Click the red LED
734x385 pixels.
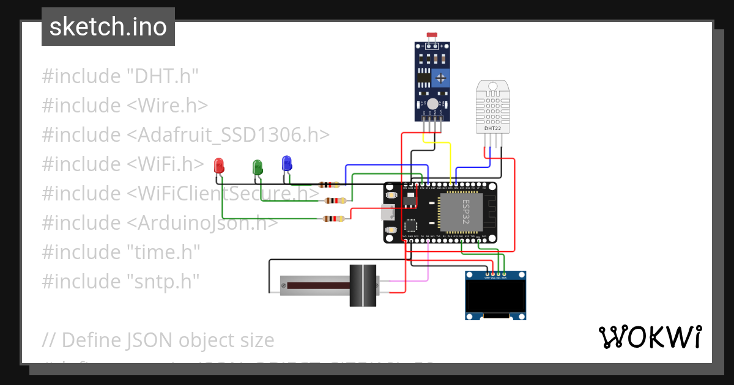click(219, 166)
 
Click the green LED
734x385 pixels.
click(258, 166)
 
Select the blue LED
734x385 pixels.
click(286, 163)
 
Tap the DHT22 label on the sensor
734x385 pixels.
click(493, 129)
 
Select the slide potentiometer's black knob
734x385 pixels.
click(363, 285)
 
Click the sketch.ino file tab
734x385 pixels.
click(108, 27)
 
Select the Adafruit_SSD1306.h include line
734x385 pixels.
click(186, 135)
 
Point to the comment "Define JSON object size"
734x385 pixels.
click(168, 340)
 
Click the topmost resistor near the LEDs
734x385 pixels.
click(329, 185)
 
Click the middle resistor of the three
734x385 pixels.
click(333, 200)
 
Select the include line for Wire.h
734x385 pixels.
click(125, 106)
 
